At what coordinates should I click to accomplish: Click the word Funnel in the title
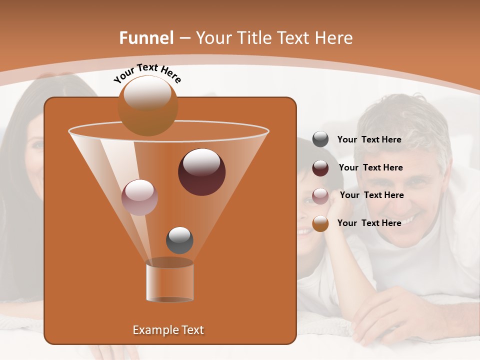click(x=146, y=38)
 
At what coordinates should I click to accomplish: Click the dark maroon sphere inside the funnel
click(x=201, y=172)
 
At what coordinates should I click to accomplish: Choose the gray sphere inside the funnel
click(x=179, y=240)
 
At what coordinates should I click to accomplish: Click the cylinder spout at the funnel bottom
click(x=169, y=280)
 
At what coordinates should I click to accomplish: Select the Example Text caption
click(x=168, y=330)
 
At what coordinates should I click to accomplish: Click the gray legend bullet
click(x=320, y=139)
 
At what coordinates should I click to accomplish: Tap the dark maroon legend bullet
click(x=320, y=167)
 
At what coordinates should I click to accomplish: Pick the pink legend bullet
click(x=320, y=195)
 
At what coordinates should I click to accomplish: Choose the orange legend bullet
click(x=320, y=223)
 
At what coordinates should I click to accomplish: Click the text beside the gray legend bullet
click(x=369, y=139)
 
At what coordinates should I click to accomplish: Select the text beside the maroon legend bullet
click(x=370, y=167)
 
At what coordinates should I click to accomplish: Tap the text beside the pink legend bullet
click(x=371, y=195)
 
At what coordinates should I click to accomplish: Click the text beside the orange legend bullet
click(x=369, y=223)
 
